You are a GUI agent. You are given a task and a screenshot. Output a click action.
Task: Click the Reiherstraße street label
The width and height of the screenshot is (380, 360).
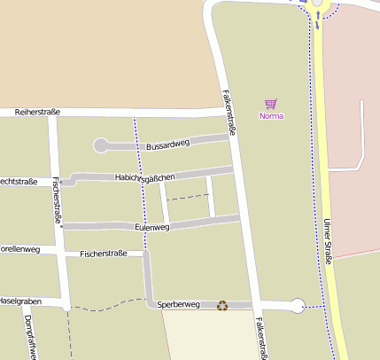[36, 112]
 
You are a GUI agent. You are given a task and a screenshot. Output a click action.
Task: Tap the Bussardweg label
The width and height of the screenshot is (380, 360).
[167, 144]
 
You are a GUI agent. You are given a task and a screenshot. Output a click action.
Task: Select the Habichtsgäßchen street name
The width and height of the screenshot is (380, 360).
[144, 177]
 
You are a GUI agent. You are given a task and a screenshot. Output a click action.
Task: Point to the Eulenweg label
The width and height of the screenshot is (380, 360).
[151, 227]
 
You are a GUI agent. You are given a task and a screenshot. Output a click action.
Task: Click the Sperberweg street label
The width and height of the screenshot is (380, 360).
[179, 304]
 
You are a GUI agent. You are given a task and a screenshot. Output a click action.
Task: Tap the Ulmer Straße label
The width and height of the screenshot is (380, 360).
[328, 241]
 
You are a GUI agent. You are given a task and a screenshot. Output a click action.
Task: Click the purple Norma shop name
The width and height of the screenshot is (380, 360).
[270, 116]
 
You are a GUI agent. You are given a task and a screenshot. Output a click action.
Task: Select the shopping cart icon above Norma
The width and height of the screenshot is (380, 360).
[270, 104]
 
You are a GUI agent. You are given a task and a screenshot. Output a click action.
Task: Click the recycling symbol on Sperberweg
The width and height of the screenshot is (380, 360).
[222, 305]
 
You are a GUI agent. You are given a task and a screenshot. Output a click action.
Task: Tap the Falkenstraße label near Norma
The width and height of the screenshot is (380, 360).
[229, 110]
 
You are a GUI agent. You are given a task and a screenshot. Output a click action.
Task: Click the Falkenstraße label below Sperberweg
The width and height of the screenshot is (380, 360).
[260, 338]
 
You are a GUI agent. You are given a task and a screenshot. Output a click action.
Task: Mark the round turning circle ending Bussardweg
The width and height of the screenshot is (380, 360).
[100, 145]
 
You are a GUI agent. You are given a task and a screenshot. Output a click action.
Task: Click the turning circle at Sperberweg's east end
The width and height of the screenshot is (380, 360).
[298, 306]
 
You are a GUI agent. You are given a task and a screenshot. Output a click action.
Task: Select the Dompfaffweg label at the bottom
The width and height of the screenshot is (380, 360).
[32, 338]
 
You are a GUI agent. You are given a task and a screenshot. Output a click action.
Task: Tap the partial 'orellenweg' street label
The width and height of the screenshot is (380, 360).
[19, 249]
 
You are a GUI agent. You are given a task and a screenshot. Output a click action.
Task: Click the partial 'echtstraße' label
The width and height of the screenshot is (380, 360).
[18, 182]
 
